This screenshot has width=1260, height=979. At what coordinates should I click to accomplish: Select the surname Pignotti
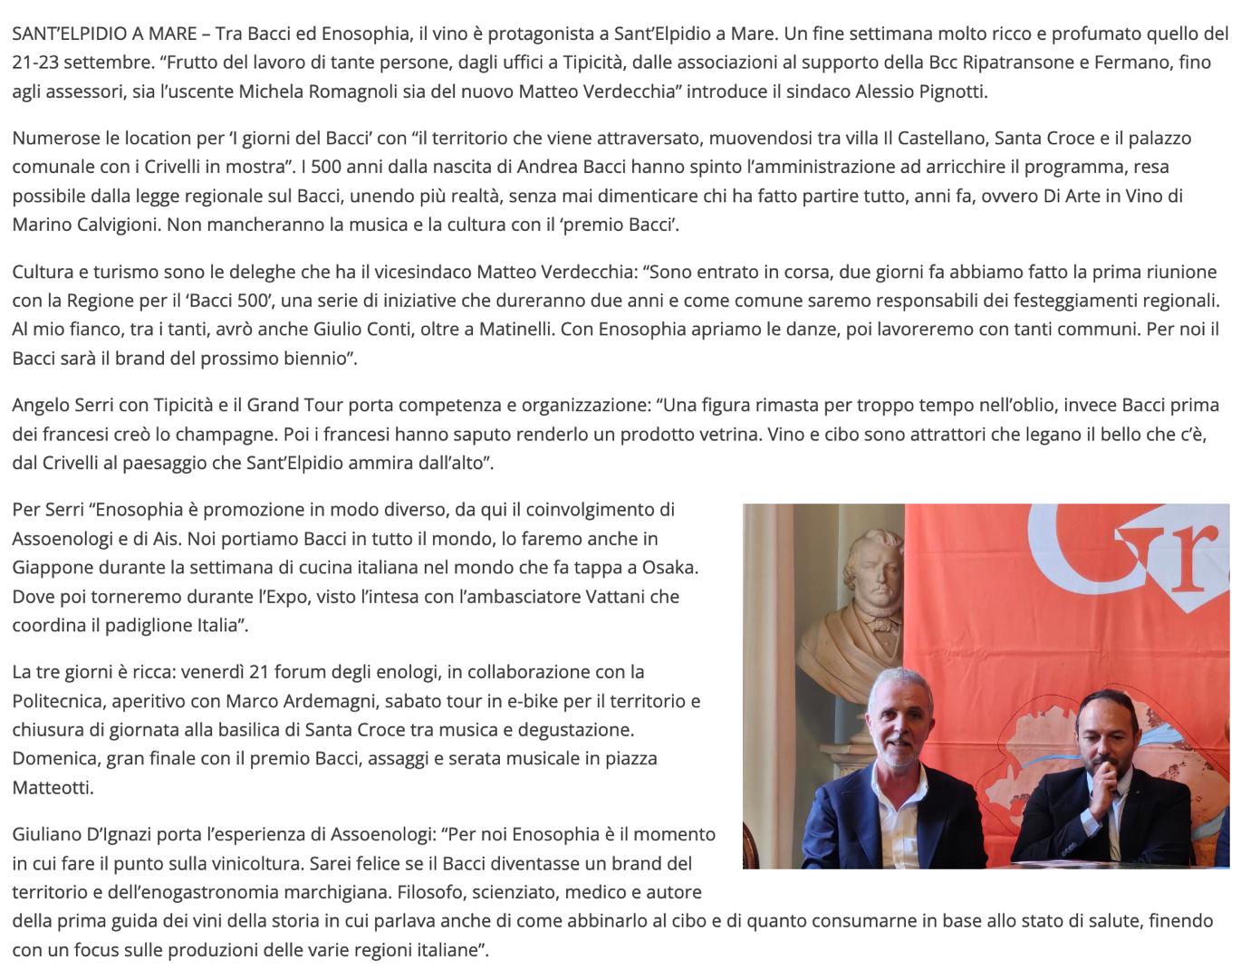click(x=954, y=91)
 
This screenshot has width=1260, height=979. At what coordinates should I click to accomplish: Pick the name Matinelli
click(x=508, y=329)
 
